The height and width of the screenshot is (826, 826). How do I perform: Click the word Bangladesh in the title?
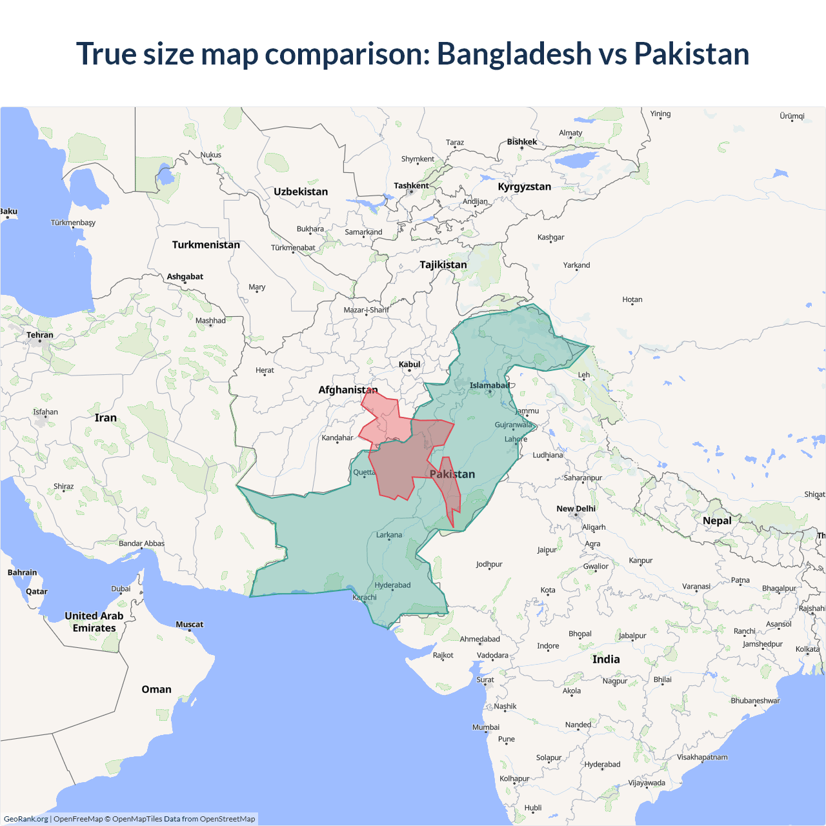coord(514,54)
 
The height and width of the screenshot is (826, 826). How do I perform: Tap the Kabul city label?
coord(409,365)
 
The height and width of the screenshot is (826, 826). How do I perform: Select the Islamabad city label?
coord(489,386)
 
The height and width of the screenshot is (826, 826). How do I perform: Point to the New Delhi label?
coord(576,509)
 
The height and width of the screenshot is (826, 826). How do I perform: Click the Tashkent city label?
coord(411,186)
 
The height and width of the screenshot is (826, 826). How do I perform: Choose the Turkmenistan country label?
coord(206,245)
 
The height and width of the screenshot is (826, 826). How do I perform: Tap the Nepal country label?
coord(717,521)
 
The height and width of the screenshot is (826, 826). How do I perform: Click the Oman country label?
coord(156,689)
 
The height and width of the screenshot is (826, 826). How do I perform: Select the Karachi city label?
coord(365,598)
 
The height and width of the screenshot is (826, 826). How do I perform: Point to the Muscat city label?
coord(189,624)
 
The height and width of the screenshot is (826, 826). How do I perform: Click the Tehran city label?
coord(40,335)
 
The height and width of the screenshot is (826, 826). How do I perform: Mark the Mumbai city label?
coord(485,727)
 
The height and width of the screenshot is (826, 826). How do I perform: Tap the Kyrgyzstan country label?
coord(524,186)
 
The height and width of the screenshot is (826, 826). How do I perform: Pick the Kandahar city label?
coord(337,438)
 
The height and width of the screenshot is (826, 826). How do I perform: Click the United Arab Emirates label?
coord(94,622)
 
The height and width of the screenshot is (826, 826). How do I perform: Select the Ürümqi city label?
coord(792,116)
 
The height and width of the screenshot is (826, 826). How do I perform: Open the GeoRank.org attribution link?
coord(26,819)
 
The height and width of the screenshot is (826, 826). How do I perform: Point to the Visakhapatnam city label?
coord(701,757)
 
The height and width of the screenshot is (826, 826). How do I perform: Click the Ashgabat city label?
coord(185,277)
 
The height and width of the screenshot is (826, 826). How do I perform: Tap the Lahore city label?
coord(516,439)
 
